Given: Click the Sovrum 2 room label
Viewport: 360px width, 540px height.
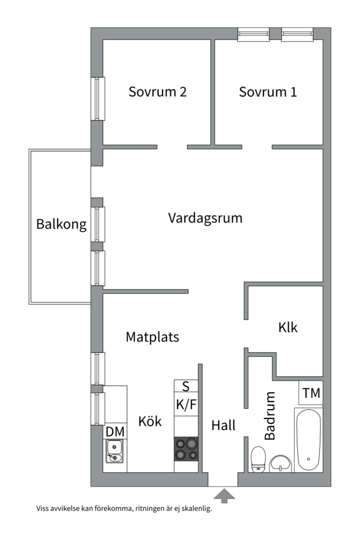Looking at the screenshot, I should [x=157, y=92].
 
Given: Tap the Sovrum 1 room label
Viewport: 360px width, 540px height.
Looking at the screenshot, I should [x=268, y=92].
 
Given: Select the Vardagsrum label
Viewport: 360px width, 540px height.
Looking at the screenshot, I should [x=205, y=218].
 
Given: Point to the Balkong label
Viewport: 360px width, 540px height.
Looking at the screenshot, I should [x=61, y=224].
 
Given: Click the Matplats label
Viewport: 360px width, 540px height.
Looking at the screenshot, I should [x=152, y=337].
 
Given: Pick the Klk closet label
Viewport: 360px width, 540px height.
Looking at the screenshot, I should [x=288, y=327].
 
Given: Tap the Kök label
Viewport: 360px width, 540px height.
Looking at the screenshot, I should [x=150, y=421].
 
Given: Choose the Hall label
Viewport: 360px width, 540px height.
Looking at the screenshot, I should [x=223, y=425].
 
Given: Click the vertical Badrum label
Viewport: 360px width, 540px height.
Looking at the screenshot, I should [x=270, y=415].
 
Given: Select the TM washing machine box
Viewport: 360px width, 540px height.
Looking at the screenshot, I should [x=311, y=393].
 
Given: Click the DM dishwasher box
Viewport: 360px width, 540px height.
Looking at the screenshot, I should [x=115, y=431].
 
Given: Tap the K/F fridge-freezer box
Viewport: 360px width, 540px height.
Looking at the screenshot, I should [x=186, y=404].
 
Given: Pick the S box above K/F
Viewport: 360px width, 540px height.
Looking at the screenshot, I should [x=186, y=386].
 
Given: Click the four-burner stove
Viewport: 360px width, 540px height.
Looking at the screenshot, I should [x=186, y=448].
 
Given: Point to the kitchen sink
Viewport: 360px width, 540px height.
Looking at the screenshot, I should [x=115, y=451].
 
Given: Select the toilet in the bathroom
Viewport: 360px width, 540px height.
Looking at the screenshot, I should [x=258, y=458].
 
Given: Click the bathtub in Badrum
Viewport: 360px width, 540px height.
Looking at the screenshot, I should [x=308, y=440].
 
